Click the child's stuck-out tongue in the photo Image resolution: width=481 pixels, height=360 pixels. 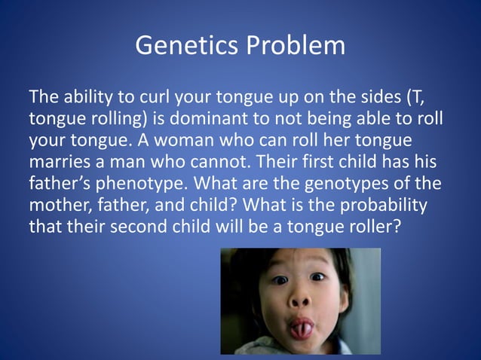tap(301, 329)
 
